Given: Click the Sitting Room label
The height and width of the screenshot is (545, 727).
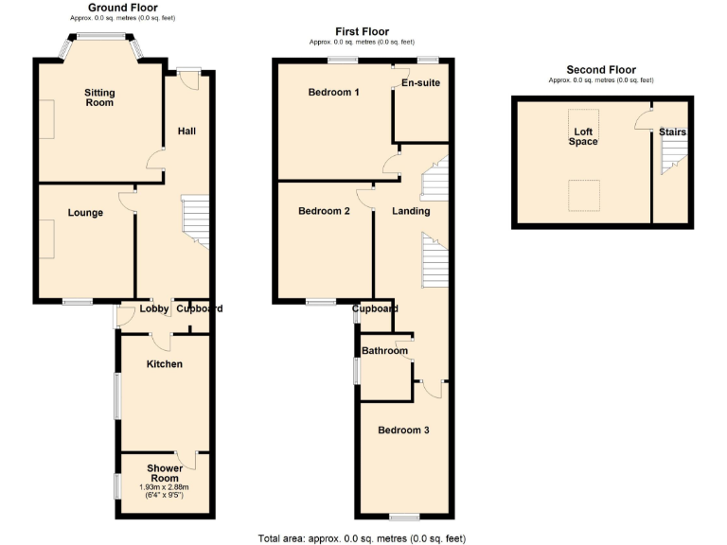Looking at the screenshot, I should tap(99, 97).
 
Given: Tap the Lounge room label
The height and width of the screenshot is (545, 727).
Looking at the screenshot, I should tap(85, 213).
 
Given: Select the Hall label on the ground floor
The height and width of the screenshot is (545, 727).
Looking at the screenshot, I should tap(186, 131).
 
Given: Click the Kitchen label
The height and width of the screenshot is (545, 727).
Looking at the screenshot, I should tap(164, 364).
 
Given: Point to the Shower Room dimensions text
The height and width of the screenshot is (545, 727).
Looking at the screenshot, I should tap(165, 490).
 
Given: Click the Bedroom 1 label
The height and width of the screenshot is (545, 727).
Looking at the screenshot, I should tap(333, 93).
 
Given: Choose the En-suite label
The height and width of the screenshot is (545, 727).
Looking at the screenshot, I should tap(420, 83).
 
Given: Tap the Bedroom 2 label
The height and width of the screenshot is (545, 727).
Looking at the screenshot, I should tap(324, 211).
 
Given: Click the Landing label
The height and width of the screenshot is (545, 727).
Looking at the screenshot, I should tap(411, 211).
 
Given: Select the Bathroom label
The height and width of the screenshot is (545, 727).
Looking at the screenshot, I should tap(384, 351).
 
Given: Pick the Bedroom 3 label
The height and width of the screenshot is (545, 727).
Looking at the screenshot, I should tap(403, 431).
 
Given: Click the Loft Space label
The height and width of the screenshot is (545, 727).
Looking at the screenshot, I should tap(582, 136).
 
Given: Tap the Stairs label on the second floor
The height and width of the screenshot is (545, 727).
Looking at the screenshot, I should tap(672, 132).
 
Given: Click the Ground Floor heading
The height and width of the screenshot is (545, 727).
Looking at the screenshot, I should tap(123, 8).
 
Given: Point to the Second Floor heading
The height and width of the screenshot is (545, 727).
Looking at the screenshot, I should tap(601, 70).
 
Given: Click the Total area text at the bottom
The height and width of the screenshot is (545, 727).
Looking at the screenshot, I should tap(363, 537).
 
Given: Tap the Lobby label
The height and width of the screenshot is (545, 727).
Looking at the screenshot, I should tap(154, 308).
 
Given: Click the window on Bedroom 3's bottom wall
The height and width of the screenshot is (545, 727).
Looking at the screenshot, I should tap(404, 517).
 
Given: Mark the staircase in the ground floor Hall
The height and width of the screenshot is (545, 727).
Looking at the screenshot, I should tap(194, 220).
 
